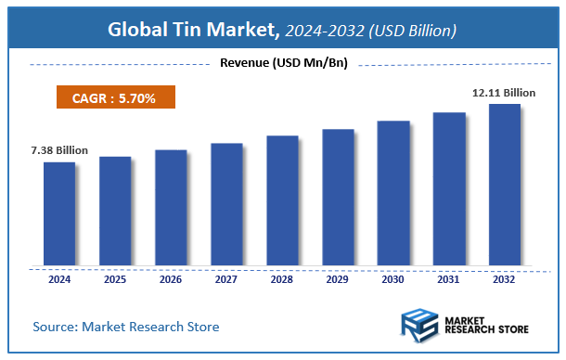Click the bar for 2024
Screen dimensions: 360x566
[59, 212]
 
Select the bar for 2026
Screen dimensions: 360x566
[171, 206]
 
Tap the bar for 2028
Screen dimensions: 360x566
[282, 199]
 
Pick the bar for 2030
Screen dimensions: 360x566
[393, 192]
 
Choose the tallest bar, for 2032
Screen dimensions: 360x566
[505, 184]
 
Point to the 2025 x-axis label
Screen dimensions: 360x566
[115, 277]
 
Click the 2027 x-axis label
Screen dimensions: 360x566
[226, 277]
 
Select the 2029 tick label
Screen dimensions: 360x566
[338, 277]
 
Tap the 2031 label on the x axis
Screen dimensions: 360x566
[449, 277]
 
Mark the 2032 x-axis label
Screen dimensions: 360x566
[505, 277]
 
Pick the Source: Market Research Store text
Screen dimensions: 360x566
[127, 328]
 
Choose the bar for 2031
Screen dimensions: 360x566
[449, 188]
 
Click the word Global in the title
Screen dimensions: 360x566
[136, 30]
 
